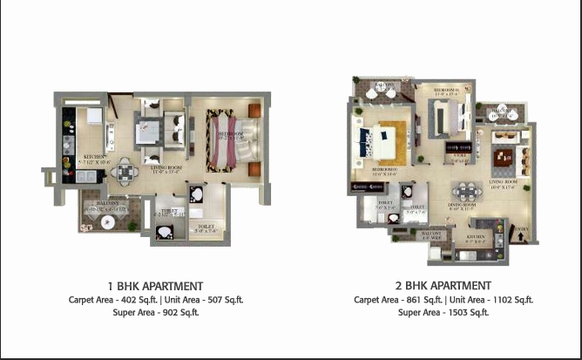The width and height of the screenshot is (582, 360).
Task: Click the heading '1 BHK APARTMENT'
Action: tap(155, 286)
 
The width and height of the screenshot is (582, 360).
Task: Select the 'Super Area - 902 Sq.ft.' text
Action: tap(155, 312)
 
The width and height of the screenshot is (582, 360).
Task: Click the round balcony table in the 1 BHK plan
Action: tap(106, 221)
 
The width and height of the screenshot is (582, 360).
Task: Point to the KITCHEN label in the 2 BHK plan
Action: tap(476, 235)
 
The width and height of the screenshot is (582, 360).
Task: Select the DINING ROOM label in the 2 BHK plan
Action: tap(461, 207)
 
